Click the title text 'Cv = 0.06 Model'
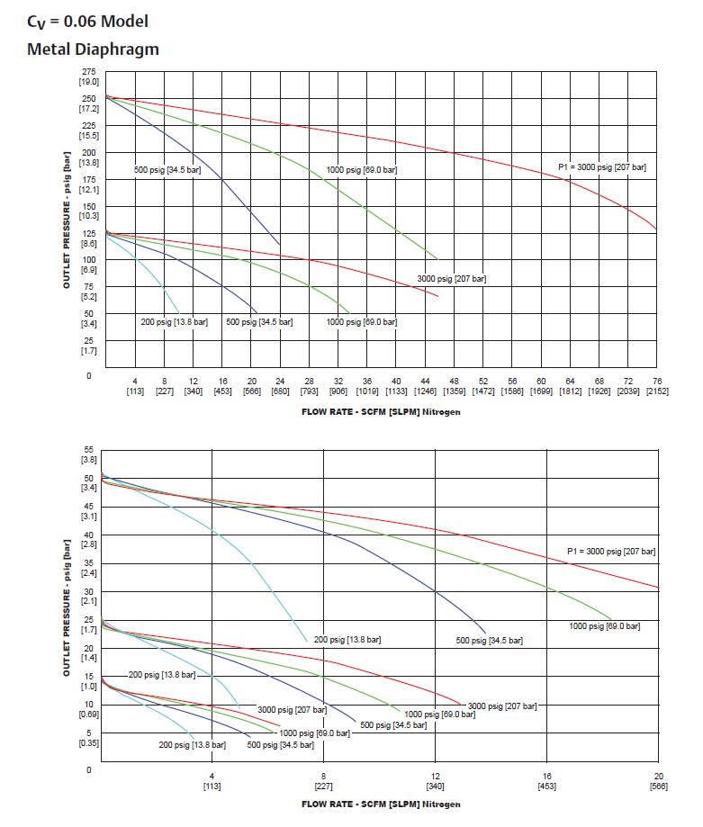[x=87, y=21]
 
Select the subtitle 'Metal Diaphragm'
[x=93, y=49]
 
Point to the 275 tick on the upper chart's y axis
[x=88, y=76]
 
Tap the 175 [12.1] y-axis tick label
[x=88, y=184]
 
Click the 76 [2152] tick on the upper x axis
[x=656, y=386]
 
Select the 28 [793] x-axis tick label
[x=310, y=386]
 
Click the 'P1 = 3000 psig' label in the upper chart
[x=600, y=167]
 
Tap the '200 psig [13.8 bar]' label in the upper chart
[x=175, y=321]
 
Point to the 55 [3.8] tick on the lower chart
[x=88, y=454]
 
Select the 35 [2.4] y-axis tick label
[x=88, y=568]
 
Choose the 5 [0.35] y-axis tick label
[x=88, y=738]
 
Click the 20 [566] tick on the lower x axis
[x=658, y=780]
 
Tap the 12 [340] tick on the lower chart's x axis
[x=435, y=780]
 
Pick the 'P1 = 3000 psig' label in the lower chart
[x=611, y=551]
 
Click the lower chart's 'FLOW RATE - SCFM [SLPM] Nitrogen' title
[x=381, y=804]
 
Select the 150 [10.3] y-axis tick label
[x=88, y=211]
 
